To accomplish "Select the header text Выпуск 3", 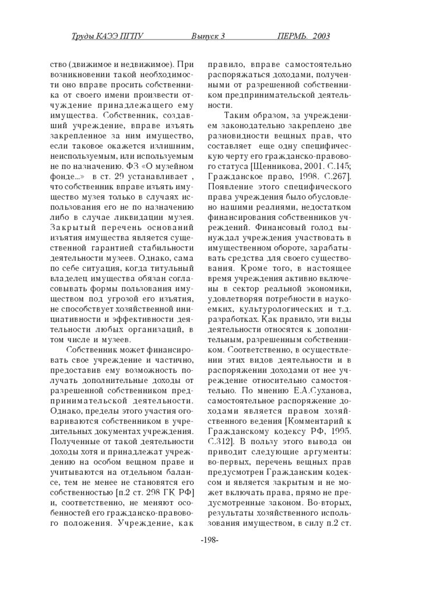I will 208,37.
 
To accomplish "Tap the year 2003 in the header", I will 321,37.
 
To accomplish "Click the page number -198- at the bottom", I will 209,540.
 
